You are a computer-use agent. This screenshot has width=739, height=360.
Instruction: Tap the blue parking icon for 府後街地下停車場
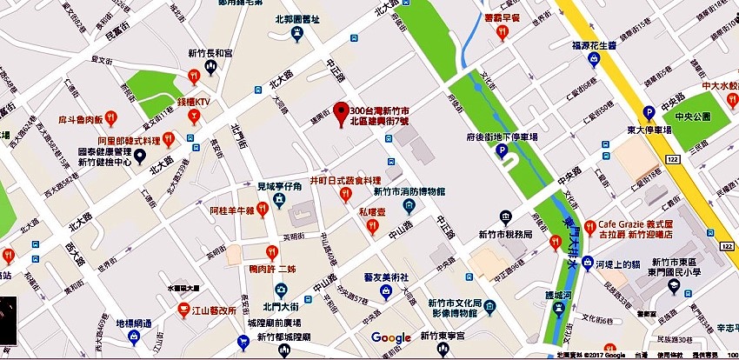501,150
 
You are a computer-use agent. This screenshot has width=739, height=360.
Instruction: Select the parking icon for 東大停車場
647,112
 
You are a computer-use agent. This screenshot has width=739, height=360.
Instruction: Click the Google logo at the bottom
390,337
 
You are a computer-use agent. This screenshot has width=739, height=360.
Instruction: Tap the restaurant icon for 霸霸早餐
502,32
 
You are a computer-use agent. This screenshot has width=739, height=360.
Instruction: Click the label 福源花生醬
594,45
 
